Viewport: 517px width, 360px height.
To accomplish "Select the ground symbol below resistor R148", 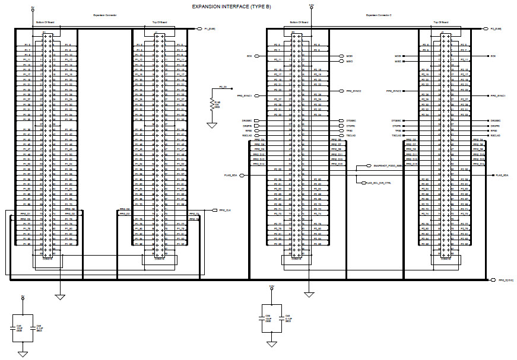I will [x=211, y=125].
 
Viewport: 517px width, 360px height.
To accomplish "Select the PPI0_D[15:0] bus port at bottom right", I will [x=504, y=279].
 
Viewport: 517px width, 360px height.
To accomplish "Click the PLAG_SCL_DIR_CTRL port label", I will [x=379, y=183].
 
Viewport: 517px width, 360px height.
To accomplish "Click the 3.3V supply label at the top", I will [x=311, y=5].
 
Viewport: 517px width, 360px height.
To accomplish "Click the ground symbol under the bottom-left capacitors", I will [x=23, y=353].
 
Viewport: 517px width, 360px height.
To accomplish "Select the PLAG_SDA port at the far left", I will [x=231, y=176].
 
